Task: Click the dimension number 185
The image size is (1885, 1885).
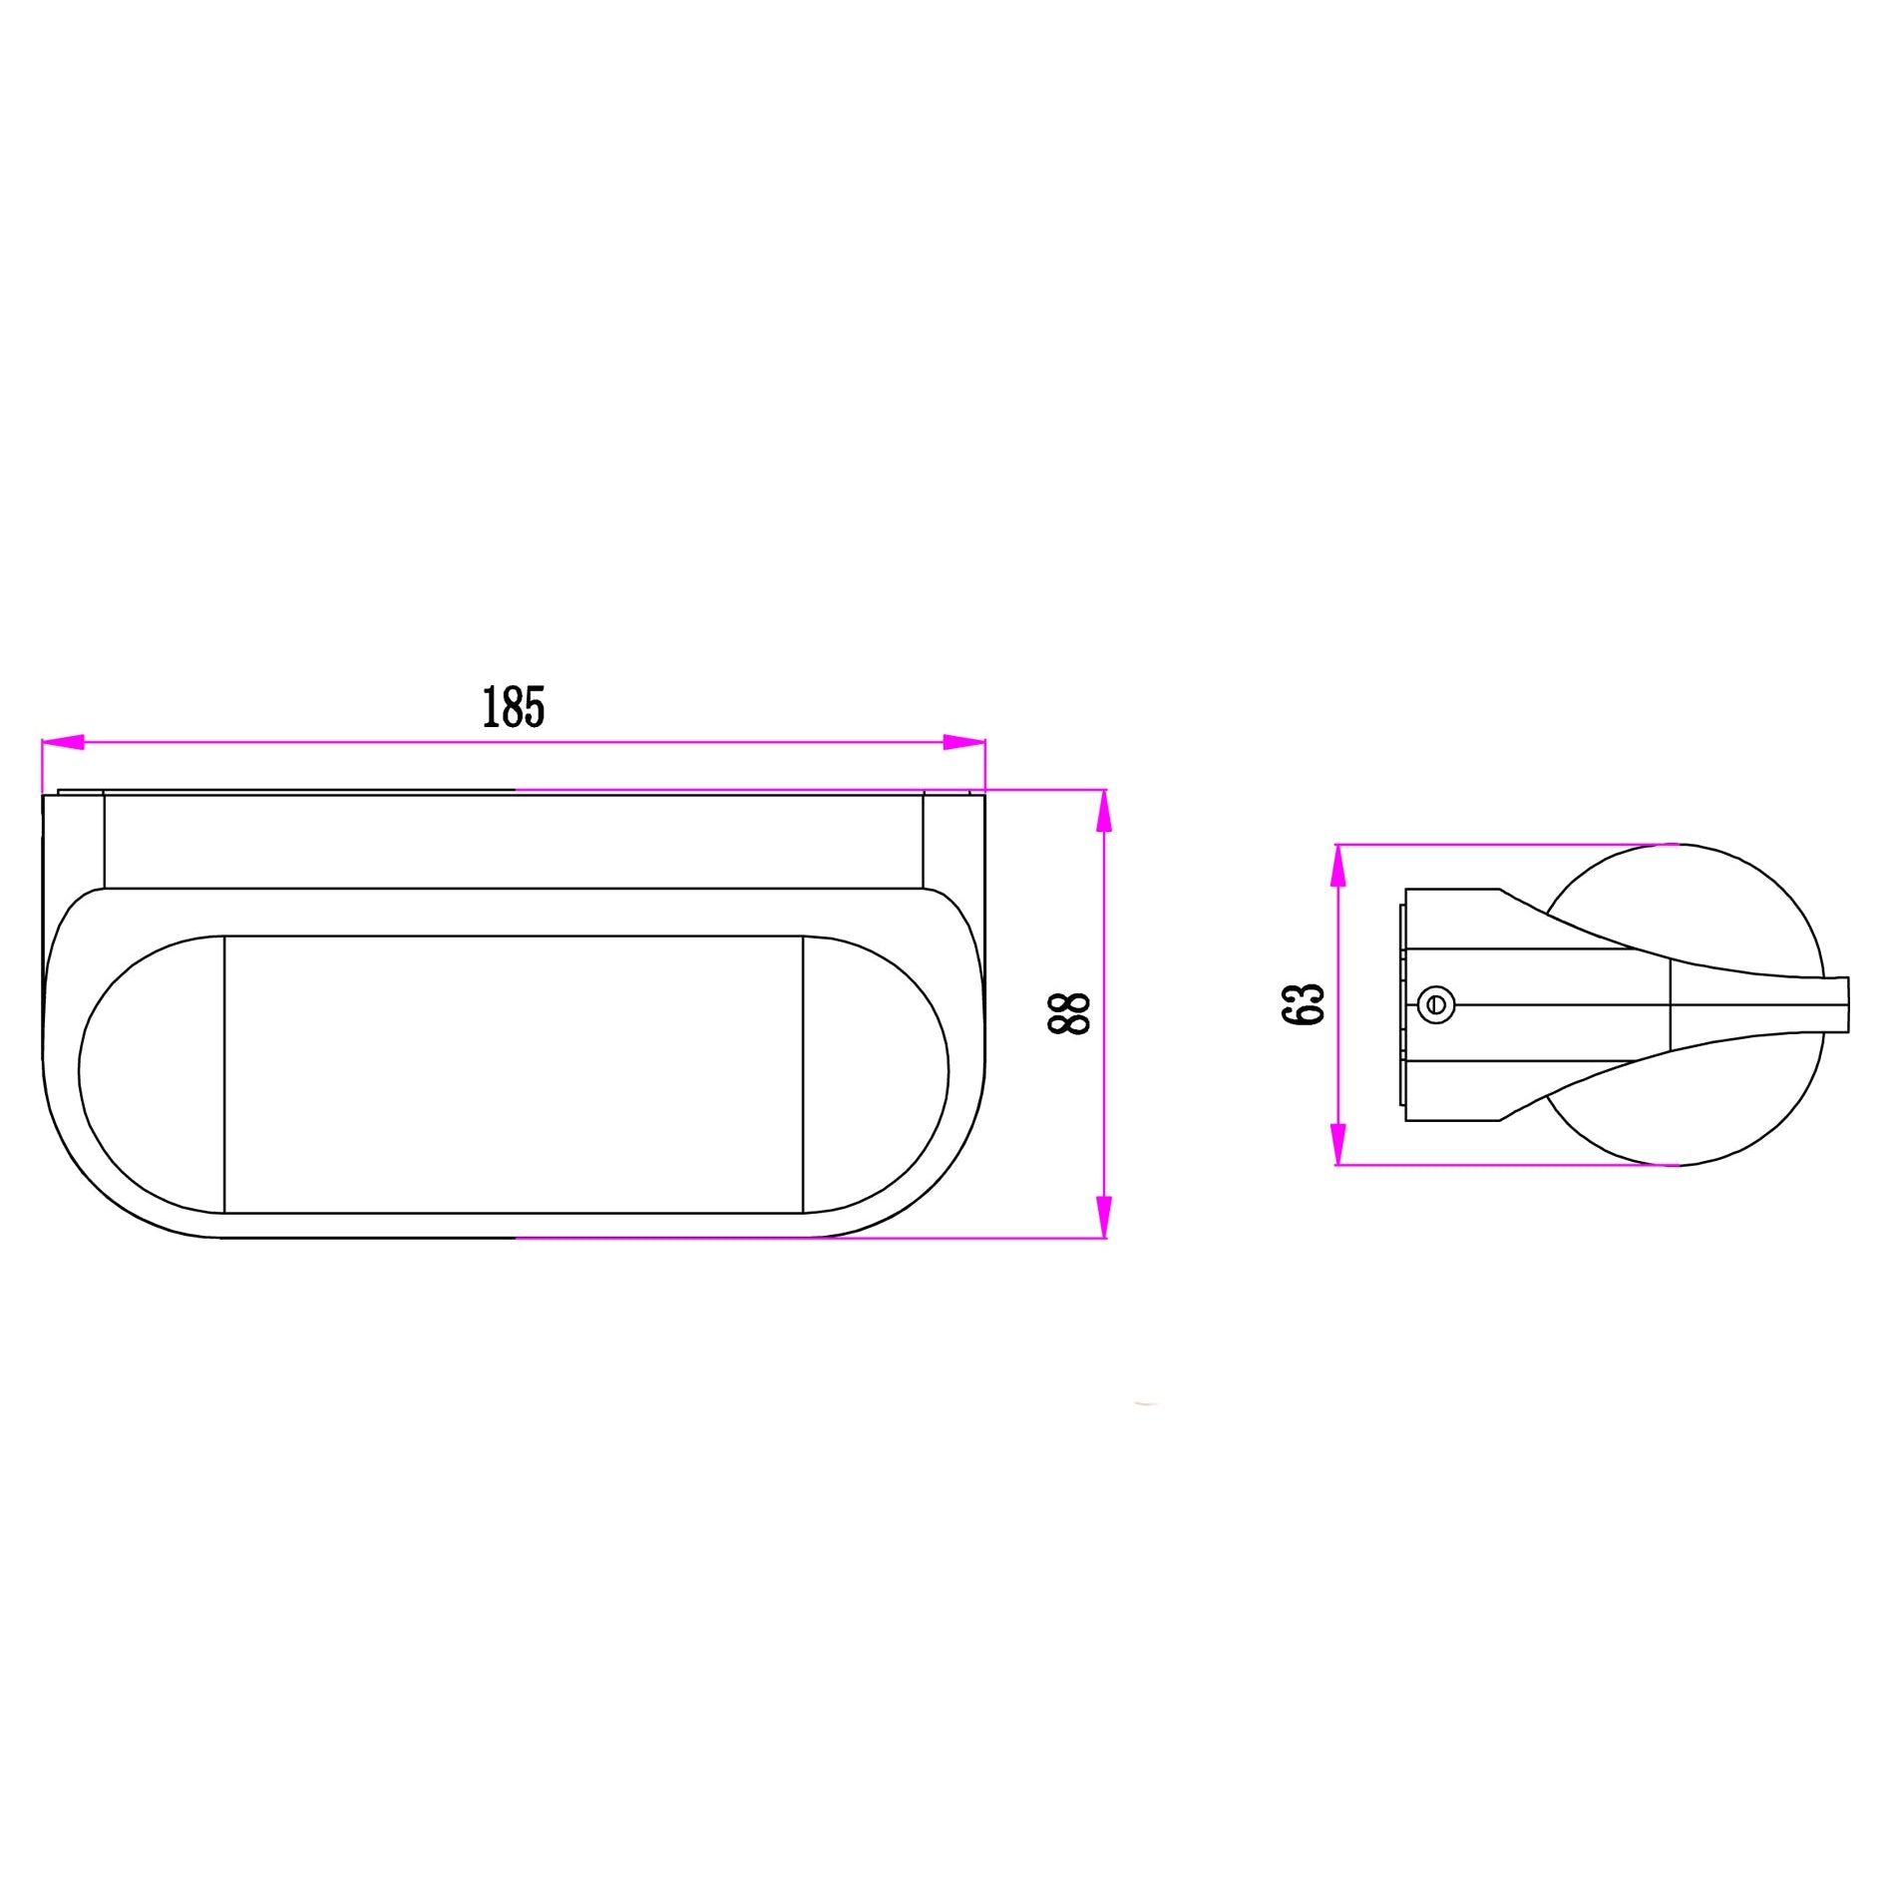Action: click(514, 707)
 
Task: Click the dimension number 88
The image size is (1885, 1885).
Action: click(1069, 1014)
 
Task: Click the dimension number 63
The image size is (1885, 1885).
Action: click(1303, 1003)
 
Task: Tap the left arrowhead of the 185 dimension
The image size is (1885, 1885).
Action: click(63, 742)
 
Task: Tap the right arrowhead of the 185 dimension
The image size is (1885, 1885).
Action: click(964, 742)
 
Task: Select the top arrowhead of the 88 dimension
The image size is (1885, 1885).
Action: click(1103, 811)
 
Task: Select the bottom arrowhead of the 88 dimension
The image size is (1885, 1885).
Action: click(1103, 1217)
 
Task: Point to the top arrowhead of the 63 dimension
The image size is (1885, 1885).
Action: click(1338, 866)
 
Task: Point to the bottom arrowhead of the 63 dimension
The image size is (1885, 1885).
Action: click(1338, 1144)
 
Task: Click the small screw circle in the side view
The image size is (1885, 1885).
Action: click(1436, 1004)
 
